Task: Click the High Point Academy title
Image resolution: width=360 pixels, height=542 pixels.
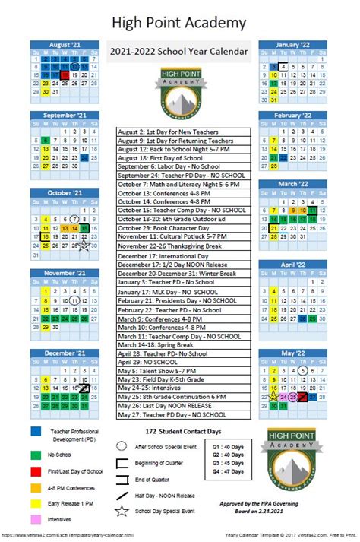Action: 179,23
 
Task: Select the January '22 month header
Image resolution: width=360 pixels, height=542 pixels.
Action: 292,44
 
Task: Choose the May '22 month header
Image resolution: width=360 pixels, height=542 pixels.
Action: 292,353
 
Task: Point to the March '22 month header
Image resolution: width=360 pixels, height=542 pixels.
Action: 292,184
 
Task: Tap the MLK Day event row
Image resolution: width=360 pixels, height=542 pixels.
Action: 184,292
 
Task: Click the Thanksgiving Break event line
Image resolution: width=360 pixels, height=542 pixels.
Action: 184,246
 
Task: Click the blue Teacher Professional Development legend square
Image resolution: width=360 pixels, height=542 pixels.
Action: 36,432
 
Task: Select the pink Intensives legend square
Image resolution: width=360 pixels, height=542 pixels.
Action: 36,519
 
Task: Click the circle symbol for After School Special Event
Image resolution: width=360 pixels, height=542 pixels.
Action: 122,447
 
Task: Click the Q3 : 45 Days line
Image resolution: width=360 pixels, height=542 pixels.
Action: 227,462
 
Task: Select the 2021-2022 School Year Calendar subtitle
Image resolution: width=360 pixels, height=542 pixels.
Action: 179,50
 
